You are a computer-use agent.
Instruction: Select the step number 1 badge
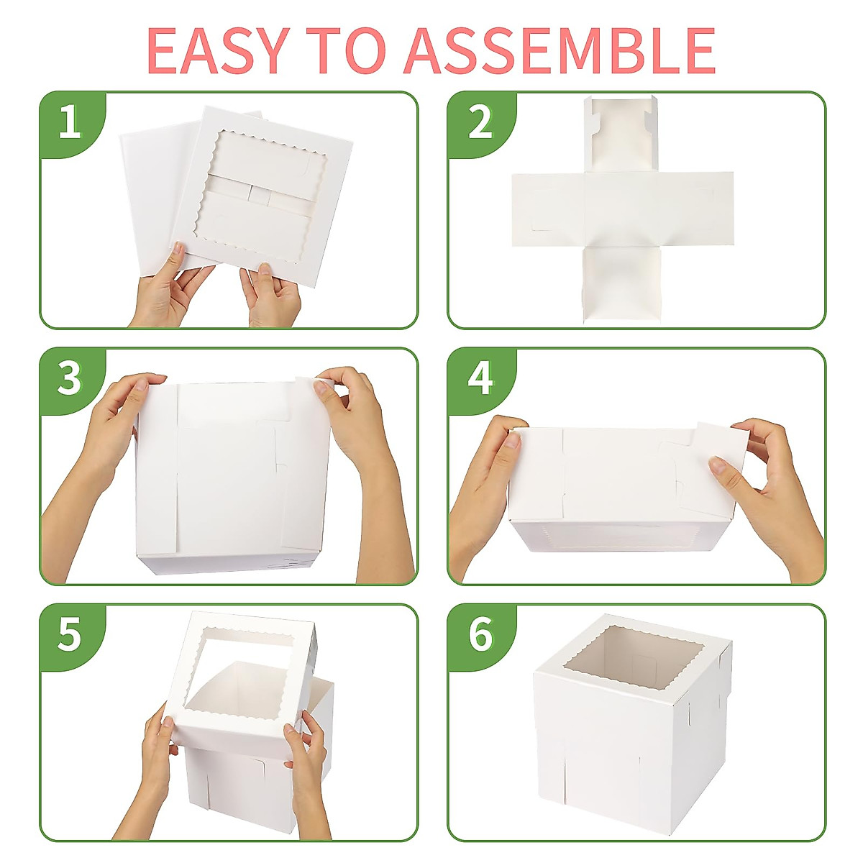click(70, 122)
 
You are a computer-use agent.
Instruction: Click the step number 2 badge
click(480, 122)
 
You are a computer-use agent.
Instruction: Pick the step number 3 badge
click(70, 378)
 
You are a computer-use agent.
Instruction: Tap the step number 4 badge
click(480, 378)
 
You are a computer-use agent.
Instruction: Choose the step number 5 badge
click(70, 634)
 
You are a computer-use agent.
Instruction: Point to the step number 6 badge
click(480, 634)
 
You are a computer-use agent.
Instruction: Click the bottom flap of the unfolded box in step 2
click(621, 284)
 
